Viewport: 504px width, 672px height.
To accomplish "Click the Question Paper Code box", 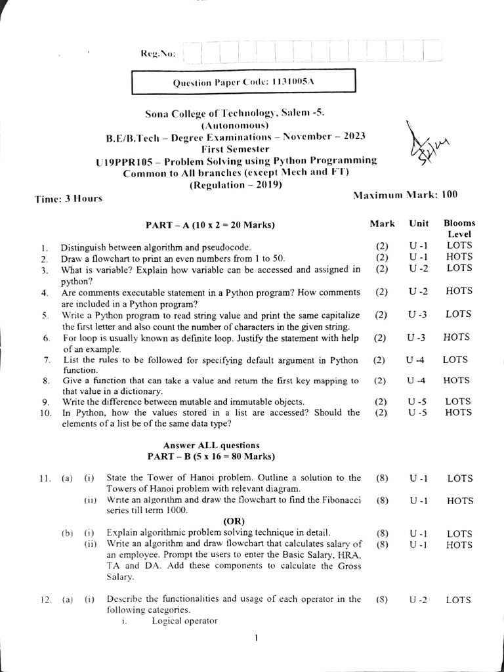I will tap(243, 82).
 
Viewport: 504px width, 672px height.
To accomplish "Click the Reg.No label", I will tap(157, 53).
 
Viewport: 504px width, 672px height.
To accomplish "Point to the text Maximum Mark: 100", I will tap(405, 195).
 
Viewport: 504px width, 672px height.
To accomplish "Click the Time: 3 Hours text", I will tap(68, 198).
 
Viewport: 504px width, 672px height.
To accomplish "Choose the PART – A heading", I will tap(210, 225).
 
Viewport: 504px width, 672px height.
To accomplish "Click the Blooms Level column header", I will tap(459, 228).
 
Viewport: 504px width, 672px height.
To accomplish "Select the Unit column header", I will tap(419, 224).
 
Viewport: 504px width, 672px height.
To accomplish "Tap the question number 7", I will tap(47, 360).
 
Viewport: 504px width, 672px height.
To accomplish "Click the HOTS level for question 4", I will tap(458, 291).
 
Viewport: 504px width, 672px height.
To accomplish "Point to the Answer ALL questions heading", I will tap(211, 445).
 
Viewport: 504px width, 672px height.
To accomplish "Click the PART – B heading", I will tap(211, 456).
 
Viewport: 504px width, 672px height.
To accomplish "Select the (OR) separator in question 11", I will tap(234, 521).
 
